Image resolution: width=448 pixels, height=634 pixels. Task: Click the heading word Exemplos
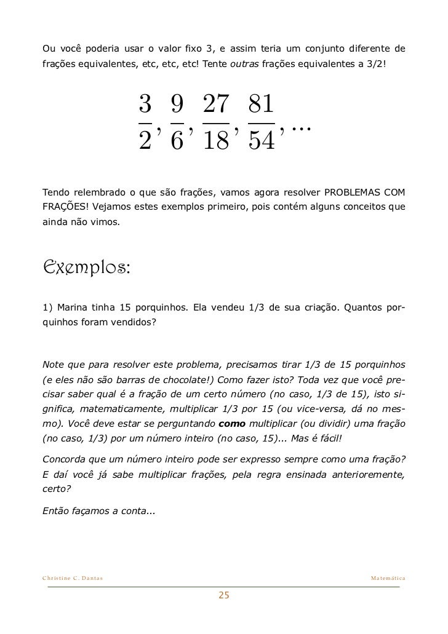click(86, 269)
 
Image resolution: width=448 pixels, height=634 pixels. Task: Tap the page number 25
click(224, 595)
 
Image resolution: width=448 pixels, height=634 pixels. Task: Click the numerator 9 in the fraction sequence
click(177, 105)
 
